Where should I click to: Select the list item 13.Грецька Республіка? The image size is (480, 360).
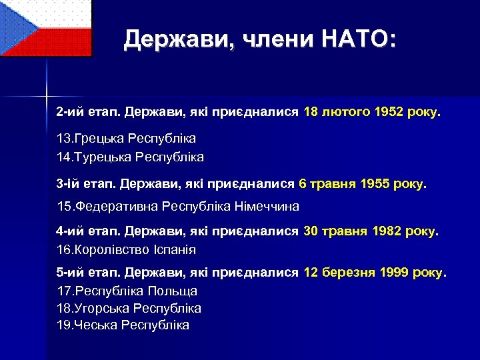pos(126,139)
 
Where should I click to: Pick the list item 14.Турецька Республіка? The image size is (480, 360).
pos(130,157)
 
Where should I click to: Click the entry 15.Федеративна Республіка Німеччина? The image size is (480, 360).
pos(178,206)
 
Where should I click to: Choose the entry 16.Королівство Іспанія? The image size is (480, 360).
pos(126,250)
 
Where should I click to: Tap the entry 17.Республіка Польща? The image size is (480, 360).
pos(127,291)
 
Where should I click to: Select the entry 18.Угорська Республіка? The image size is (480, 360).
pos(129,308)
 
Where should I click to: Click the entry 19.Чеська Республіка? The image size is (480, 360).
pos(123,325)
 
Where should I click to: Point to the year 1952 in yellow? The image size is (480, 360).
pos(389,113)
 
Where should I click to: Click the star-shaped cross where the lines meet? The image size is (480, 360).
pos(47,91)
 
